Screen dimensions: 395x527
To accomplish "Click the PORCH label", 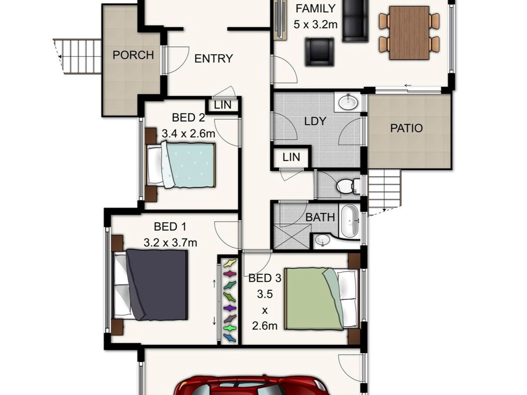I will tap(133, 55).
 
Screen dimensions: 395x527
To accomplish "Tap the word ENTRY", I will tap(213, 59).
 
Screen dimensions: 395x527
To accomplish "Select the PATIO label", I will tap(406, 128).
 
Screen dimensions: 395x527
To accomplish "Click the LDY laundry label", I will tap(315, 121).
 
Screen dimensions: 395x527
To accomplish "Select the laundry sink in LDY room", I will tap(348, 102).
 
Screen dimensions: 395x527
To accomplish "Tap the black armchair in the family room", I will tap(319, 52).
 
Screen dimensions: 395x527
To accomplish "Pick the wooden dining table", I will tap(409, 33).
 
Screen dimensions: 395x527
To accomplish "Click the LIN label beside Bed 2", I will tap(223, 105).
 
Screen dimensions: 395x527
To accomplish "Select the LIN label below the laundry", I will tap(291, 157).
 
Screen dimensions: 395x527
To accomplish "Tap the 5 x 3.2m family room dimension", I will tap(315, 25).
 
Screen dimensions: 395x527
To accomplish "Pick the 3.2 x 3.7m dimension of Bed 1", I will tap(170, 243).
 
